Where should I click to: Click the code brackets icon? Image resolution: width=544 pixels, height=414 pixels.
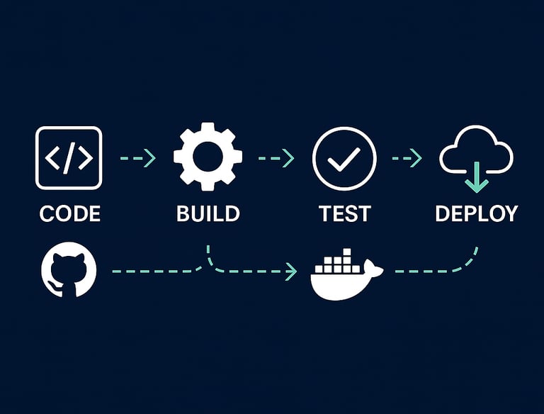[69, 157]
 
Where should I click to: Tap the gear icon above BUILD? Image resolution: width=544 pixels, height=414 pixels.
[208, 157]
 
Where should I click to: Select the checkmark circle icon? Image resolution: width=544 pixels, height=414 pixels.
[344, 158]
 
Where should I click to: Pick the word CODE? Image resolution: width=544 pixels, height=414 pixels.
[69, 213]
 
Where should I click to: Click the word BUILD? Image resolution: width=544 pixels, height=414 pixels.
[208, 213]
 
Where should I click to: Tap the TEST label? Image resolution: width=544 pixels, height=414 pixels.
[345, 213]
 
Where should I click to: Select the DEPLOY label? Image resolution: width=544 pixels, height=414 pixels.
[476, 213]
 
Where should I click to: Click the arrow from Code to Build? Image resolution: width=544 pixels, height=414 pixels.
[137, 158]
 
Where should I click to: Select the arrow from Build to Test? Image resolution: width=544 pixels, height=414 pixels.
[276, 158]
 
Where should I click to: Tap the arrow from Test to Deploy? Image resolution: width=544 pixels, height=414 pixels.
[407, 158]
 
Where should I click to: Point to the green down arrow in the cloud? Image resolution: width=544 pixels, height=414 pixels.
[476, 177]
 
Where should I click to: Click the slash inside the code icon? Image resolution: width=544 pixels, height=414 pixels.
[69, 157]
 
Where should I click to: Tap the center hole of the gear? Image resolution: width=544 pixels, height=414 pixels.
[208, 157]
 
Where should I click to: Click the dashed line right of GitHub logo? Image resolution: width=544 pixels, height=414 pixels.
[152, 271]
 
